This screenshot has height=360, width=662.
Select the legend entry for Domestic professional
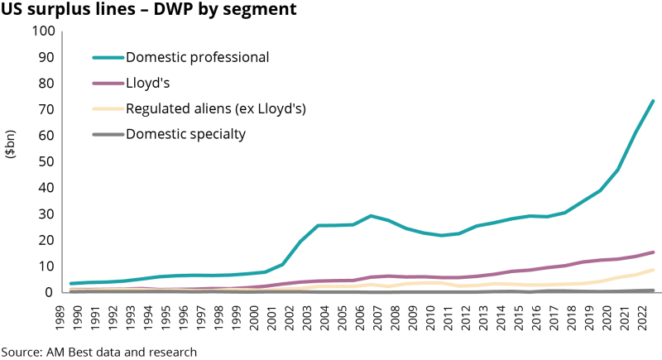(x=197, y=58)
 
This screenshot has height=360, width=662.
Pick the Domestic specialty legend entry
(x=185, y=133)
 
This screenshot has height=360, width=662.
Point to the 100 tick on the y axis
(x=43, y=31)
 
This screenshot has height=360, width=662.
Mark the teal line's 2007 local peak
(x=372, y=216)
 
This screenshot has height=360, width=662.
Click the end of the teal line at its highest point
(x=653, y=101)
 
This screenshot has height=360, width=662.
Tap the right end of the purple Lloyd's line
(x=653, y=252)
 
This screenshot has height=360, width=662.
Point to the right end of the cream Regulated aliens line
(x=653, y=270)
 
